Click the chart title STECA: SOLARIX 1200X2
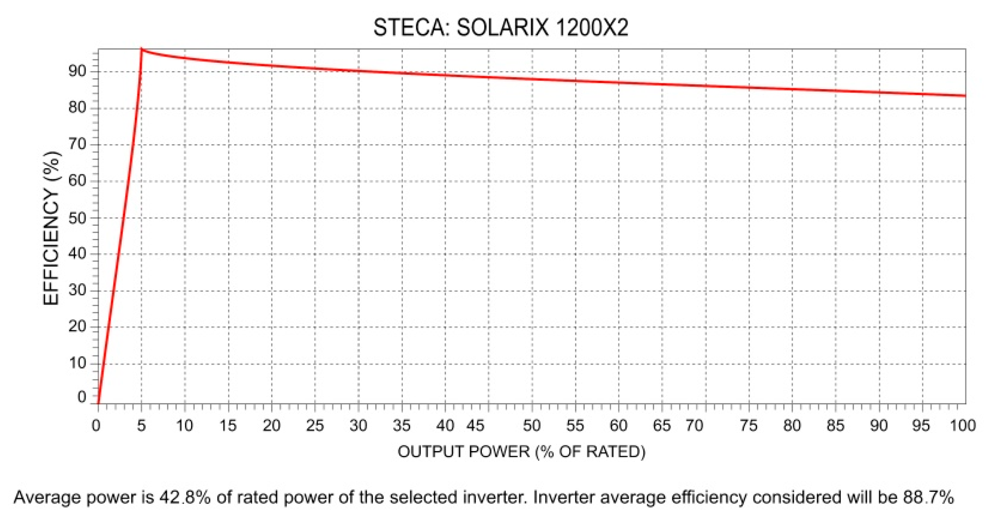[x=501, y=27]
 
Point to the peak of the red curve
[x=141, y=50]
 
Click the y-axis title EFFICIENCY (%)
[x=51, y=228]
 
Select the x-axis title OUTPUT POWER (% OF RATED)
[x=521, y=452]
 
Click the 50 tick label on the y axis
[x=77, y=218]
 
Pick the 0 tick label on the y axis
[x=82, y=397]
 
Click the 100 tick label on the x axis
[x=962, y=425]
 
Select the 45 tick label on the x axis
[x=475, y=425]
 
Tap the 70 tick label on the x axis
[x=694, y=425]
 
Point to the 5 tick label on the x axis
[x=141, y=425]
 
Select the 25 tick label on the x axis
[x=314, y=425]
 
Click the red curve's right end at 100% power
[x=964, y=95]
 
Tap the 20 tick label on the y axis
[x=77, y=326]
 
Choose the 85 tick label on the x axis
[x=835, y=425]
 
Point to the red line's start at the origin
[x=98, y=402]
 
